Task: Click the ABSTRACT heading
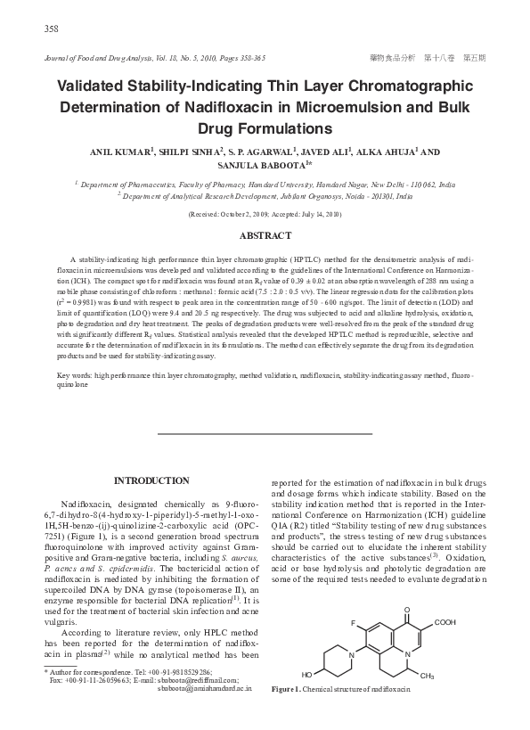265,235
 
